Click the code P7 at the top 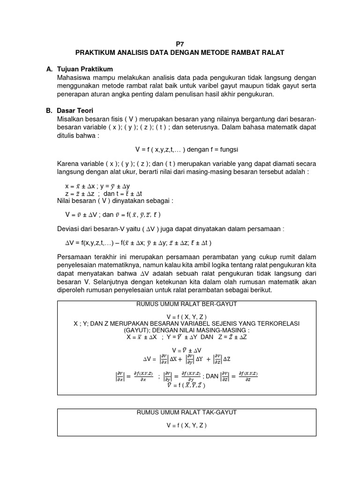coord(180,43)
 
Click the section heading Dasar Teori coord(75,111)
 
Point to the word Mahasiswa coord(73,77)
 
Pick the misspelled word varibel coord(215,86)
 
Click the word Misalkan coord(71,120)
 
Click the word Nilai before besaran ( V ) coord(64,200)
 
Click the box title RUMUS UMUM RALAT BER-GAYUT coord(186,304)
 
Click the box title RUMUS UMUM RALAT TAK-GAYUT coord(186,412)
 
